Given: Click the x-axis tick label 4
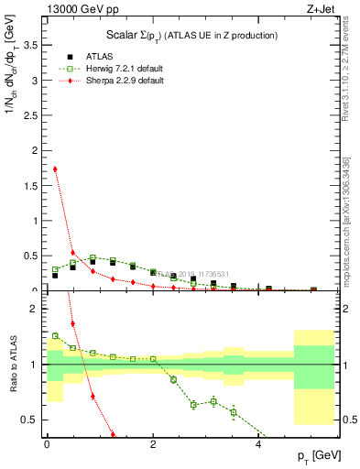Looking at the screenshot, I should click(x=258, y=445).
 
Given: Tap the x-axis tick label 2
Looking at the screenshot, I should click(x=153, y=445).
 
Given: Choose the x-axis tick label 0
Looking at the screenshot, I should click(x=47, y=445).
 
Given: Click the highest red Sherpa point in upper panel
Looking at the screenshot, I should click(x=55, y=169).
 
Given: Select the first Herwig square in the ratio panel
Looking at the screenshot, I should click(x=55, y=335).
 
